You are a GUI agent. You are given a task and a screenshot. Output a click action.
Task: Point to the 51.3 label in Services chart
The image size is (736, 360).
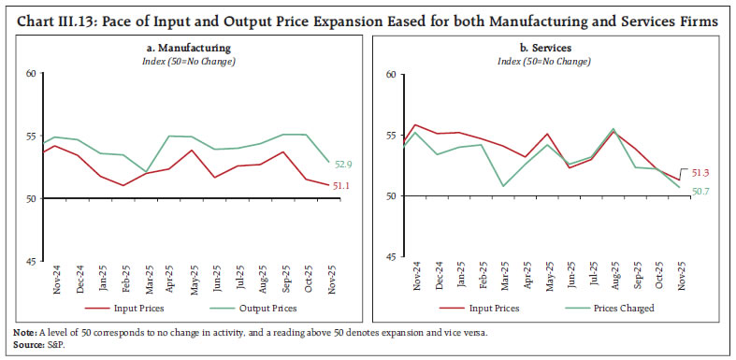pos(699,173)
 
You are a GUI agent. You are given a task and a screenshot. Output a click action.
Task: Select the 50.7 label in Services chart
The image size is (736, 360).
pos(698,192)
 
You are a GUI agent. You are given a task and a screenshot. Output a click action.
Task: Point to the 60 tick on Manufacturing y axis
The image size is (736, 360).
pos(31,74)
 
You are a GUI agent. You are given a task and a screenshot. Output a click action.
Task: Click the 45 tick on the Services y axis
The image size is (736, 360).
pos(390,256)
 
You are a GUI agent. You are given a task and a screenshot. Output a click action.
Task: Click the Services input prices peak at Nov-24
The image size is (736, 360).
pos(415,124)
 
